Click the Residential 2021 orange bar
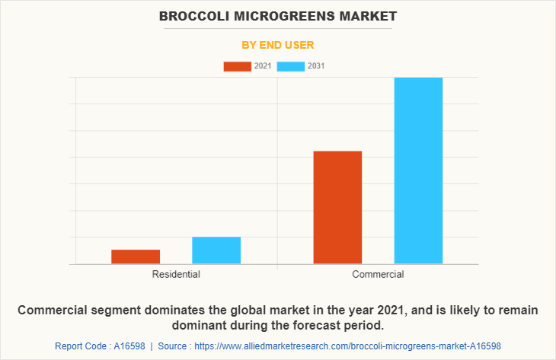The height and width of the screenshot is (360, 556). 136,256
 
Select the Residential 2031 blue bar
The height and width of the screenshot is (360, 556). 216,250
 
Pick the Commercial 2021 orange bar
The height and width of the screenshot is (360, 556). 337,207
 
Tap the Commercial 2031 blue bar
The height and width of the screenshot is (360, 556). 418,170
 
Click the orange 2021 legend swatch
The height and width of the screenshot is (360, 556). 237,66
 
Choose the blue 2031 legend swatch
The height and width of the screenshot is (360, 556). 290,66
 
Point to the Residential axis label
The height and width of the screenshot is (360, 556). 176,274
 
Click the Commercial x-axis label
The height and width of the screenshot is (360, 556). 378,274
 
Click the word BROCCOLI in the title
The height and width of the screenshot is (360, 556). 192,15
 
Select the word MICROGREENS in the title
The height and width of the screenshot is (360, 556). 286,15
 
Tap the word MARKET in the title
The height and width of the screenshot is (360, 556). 369,15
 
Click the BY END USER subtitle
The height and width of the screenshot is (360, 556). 278,45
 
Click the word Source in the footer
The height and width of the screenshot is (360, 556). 174,346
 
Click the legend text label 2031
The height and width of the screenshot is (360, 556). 316,66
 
